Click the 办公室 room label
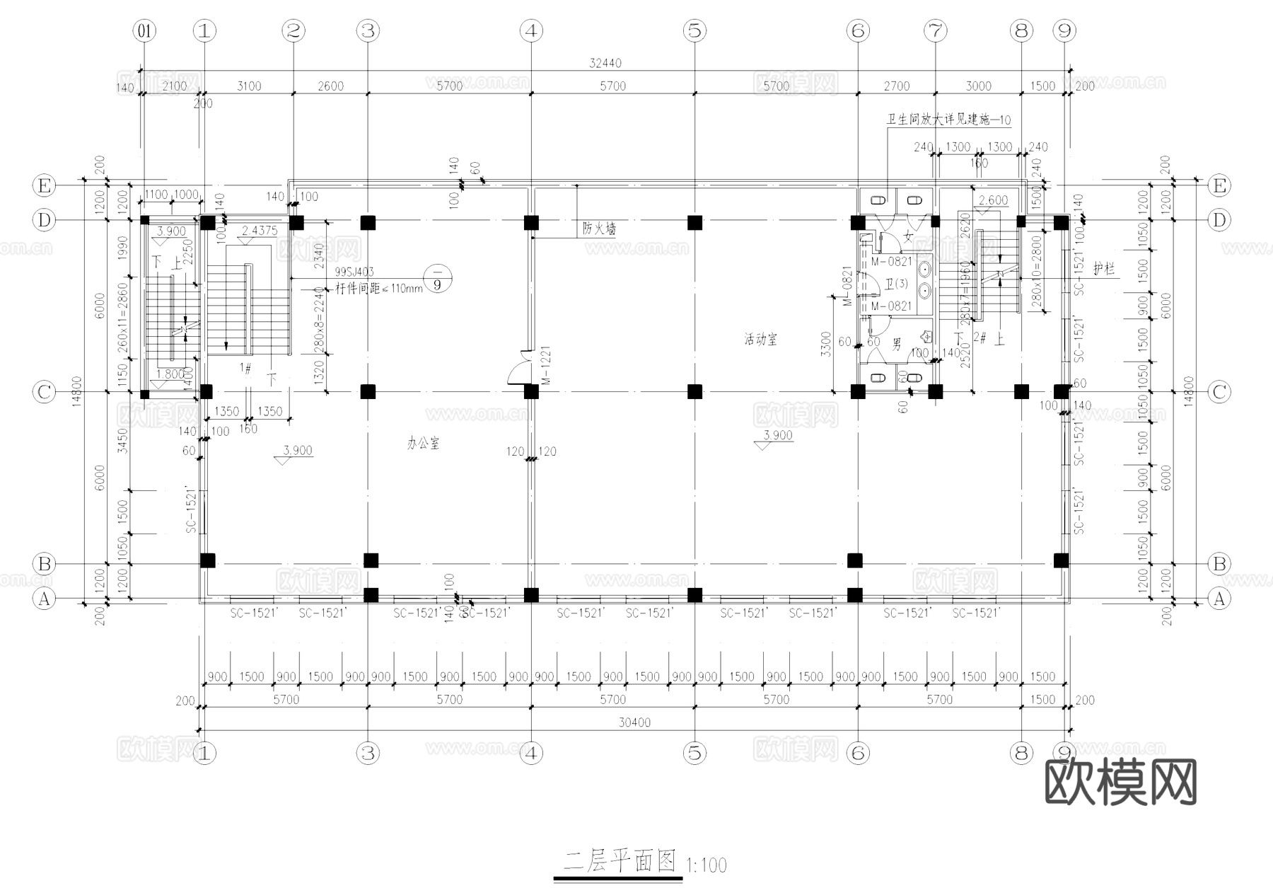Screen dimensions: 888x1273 coord(423,444)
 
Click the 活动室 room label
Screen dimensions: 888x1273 coord(760,340)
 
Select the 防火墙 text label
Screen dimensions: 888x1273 coord(599,229)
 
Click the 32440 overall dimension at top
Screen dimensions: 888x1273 coord(605,63)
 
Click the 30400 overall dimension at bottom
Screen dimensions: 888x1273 coord(634,722)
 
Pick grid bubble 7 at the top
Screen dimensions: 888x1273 coord(935,30)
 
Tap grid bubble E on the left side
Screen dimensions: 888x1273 coord(45,186)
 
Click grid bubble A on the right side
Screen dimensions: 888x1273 coord(1219,599)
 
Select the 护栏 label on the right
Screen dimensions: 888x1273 coord(1103,269)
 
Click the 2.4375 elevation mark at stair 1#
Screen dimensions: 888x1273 coord(259,231)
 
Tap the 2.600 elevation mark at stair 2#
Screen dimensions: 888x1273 coord(992,200)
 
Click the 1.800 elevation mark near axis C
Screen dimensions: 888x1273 coord(170,374)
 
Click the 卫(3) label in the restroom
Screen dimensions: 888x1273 coord(896,284)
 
